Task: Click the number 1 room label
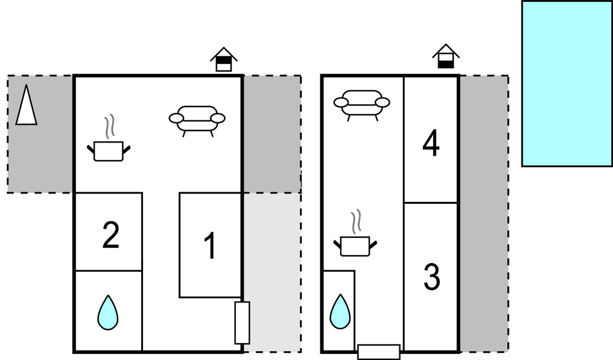click(210, 246)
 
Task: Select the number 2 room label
click(111, 235)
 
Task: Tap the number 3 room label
click(432, 277)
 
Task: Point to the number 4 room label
click(431, 144)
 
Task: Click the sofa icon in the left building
click(197, 119)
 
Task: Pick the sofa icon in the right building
click(362, 104)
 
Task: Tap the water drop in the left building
click(108, 312)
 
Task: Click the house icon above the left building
click(223, 59)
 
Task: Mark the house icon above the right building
click(445, 56)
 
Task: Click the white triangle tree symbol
click(26, 105)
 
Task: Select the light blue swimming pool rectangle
click(566, 83)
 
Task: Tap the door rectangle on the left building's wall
click(242, 322)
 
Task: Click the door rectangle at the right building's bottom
click(378, 352)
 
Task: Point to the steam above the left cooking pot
click(109, 127)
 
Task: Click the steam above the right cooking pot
click(356, 222)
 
